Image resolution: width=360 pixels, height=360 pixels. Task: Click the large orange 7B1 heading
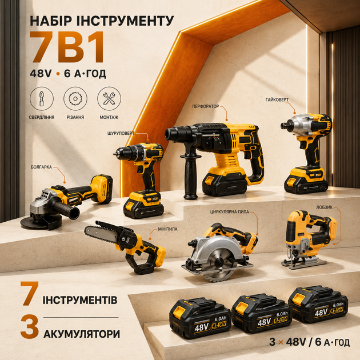click(x=67, y=47)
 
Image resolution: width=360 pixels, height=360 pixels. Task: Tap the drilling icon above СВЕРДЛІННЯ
click(x=42, y=99)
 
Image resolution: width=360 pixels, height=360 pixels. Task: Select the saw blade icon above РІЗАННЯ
click(x=75, y=99)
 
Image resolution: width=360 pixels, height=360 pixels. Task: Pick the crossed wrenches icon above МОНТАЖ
click(x=109, y=99)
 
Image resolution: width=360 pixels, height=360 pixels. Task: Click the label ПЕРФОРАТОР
click(x=206, y=106)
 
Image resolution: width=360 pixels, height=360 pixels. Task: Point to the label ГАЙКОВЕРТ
click(x=277, y=100)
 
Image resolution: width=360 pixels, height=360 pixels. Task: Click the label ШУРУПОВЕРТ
click(x=121, y=133)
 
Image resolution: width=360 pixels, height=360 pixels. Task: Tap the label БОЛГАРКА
click(x=41, y=167)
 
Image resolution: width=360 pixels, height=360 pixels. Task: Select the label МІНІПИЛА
click(x=167, y=229)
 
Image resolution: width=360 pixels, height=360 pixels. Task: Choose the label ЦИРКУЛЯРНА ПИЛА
click(x=230, y=212)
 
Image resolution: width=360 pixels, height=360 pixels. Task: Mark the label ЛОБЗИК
click(x=325, y=207)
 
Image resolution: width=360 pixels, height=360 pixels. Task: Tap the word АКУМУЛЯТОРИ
click(x=82, y=334)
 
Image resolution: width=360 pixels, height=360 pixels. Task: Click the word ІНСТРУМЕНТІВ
click(x=80, y=300)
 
